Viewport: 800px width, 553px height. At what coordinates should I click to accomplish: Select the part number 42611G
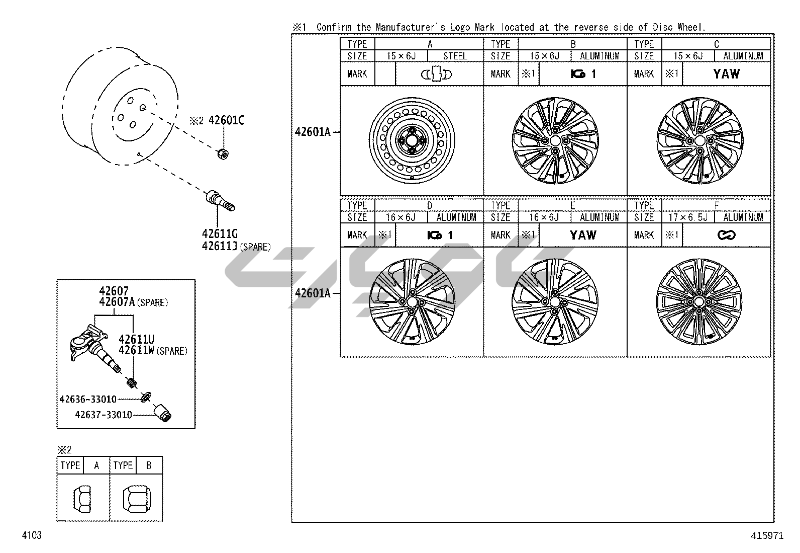click(x=220, y=234)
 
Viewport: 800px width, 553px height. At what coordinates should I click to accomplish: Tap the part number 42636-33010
click(x=88, y=400)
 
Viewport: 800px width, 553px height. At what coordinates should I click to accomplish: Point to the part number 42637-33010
click(x=104, y=415)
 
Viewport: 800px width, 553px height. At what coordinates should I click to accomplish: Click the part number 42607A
click(x=117, y=302)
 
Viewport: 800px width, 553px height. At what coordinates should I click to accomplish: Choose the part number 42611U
click(x=137, y=339)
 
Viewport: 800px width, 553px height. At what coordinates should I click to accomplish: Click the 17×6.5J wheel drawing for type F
click(x=698, y=302)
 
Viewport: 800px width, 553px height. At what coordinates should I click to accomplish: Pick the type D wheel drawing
click(x=412, y=302)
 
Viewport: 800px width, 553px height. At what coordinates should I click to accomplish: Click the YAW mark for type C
click(x=726, y=74)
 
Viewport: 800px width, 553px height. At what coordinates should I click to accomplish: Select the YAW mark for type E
click(x=583, y=235)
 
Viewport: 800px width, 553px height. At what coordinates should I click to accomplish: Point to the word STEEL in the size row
click(x=455, y=56)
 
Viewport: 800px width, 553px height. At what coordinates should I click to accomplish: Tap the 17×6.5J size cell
click(x=688, y=217)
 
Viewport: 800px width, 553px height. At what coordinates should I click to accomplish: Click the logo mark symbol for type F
click(x=726, y=235)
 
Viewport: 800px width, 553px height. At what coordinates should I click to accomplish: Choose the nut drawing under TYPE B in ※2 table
click(x=135, y=498)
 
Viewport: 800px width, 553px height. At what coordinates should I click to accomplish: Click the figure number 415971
click(x=767, y=536)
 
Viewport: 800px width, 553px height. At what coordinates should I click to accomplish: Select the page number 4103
click(x=31, y=535)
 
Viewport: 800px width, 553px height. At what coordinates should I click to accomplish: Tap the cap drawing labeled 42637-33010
click(x=163, y=412)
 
